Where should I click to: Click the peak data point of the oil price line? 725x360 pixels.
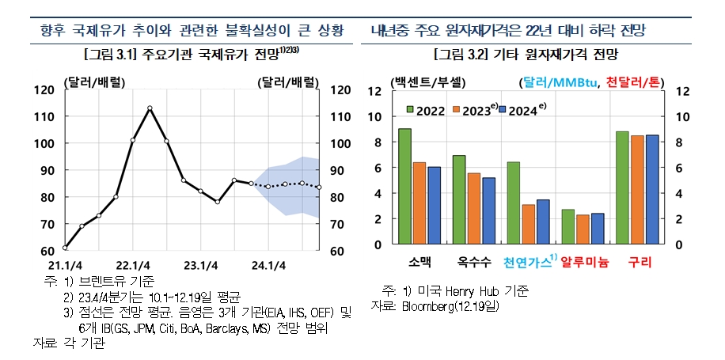pyautogui.click(x=150, y=108)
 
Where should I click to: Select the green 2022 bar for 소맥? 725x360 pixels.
pyautogui.click(x=404, y=186)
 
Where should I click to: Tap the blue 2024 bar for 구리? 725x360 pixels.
pyautogui.click(x=651, y=189)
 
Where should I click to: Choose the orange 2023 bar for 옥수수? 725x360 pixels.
pyautogui.click(x=474, y=208)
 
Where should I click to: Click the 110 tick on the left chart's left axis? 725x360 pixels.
pyautogui.click(x=44, y=116)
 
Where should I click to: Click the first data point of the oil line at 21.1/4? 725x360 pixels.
pyautogui.click(x=66, y=248)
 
